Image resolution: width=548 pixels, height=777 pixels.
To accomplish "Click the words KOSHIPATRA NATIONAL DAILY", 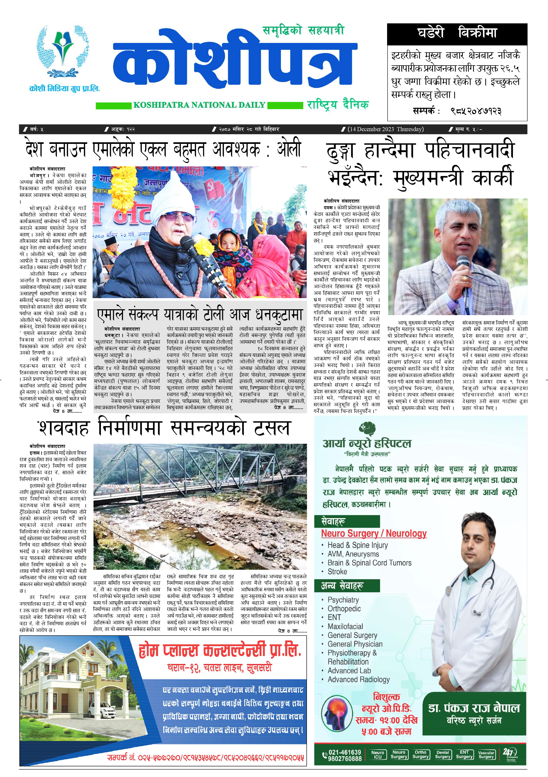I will click(199, 105).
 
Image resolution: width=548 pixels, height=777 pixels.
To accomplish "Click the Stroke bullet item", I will click(337, 572).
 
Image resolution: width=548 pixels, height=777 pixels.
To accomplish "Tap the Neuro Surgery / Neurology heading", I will click(374, 534).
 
